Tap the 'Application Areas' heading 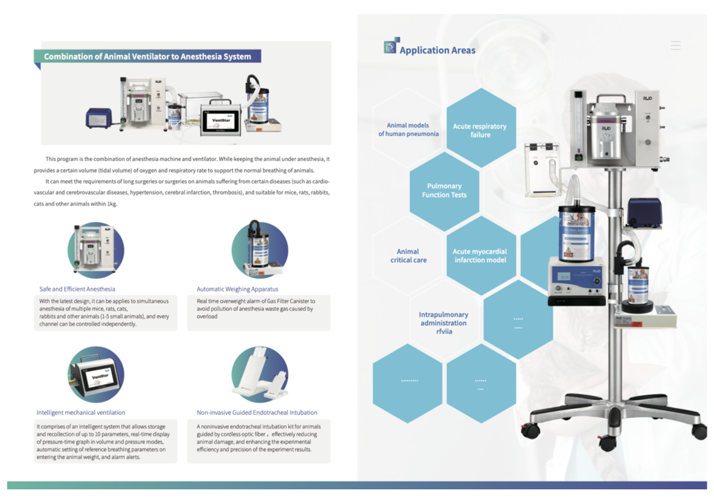point(437,51)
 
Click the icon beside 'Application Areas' point(390,47)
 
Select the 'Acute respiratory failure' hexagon point(480,130)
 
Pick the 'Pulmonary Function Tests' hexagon point(444,190)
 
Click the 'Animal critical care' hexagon point(408,256)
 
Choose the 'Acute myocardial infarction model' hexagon point(480,256)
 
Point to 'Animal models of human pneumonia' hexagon point(408,129)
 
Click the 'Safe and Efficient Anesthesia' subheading point(77,289)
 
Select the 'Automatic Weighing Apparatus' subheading point(238,289)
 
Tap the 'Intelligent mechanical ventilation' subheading point(81,412)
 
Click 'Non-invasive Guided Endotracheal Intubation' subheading point(257,412)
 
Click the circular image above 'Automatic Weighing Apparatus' point(260,250)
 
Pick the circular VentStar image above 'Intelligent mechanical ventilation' point(95,373)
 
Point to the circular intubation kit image point(260,373)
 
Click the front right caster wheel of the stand point(699,431)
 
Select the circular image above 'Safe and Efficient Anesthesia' point(95,250)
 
